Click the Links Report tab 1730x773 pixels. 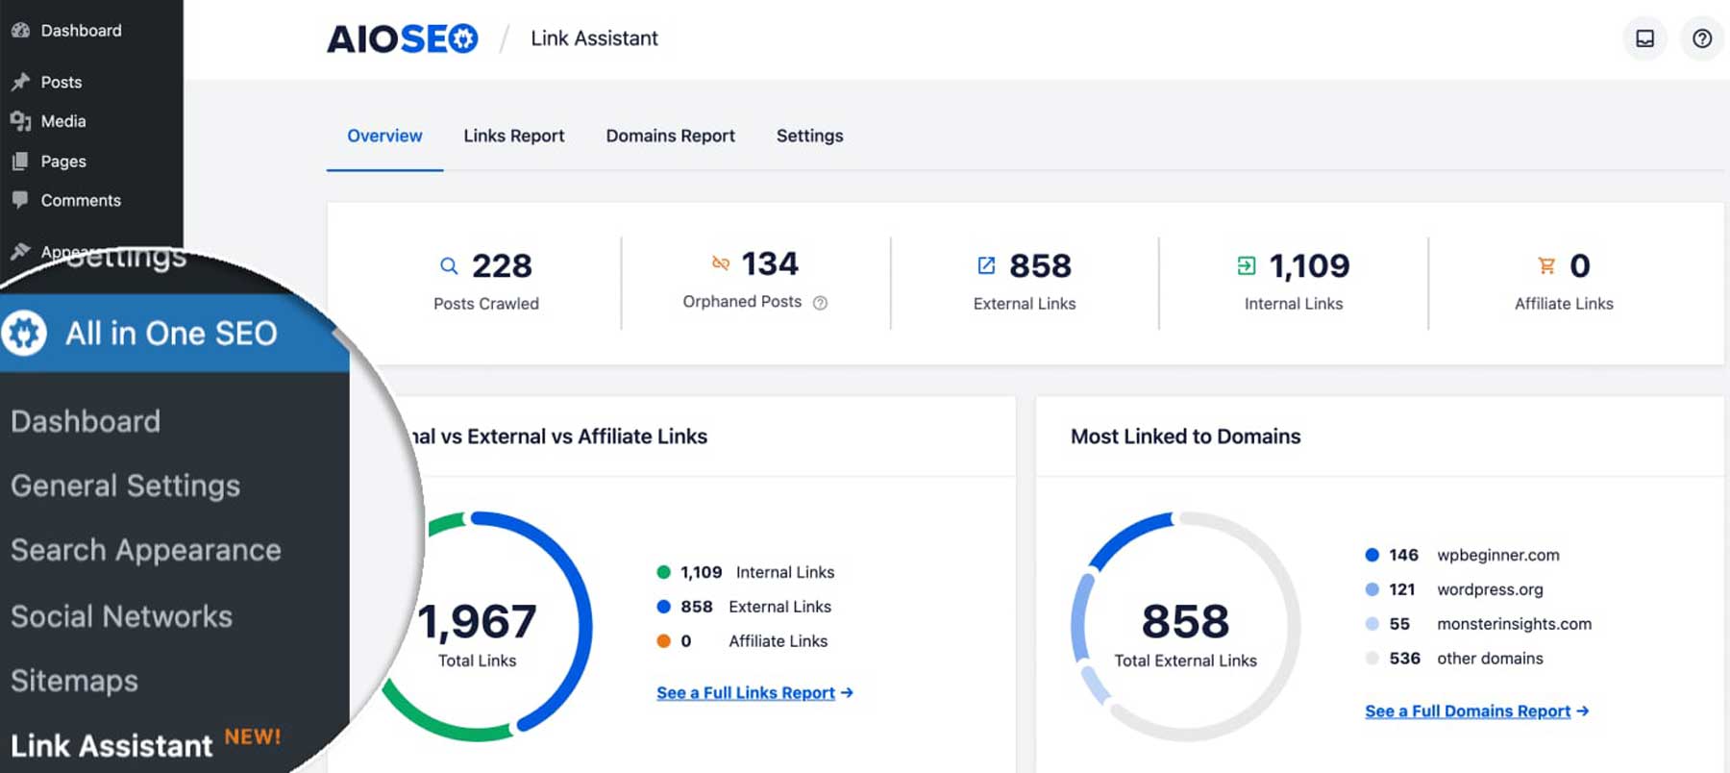point(513,136)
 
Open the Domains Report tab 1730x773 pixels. point(670,136)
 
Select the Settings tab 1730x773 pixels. point(809,136)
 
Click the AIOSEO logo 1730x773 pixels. point(402,38)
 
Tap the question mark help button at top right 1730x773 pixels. point(1701,38)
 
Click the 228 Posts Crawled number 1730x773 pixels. point(501,265)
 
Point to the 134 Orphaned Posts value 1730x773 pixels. point(769,263)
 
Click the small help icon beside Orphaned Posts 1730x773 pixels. point(820,303)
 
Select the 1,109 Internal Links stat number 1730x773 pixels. point(1308,265)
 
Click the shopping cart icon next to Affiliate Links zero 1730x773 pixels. point(1545,265)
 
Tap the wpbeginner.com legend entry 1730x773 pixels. point(1497,555)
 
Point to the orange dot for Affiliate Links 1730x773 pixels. point(663,641)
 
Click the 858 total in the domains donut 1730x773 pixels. point(1185,621)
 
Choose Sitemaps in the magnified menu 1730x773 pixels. point(74,681)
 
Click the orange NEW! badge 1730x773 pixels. point(253,736)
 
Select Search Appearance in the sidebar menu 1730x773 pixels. point(145,550)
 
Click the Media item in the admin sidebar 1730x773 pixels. point(62,121)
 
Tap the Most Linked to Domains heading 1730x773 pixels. point(1185,436)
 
